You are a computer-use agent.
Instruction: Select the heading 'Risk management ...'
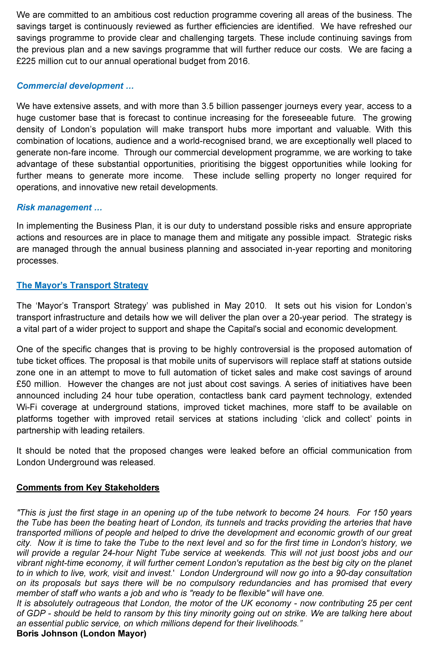click(59, 207)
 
